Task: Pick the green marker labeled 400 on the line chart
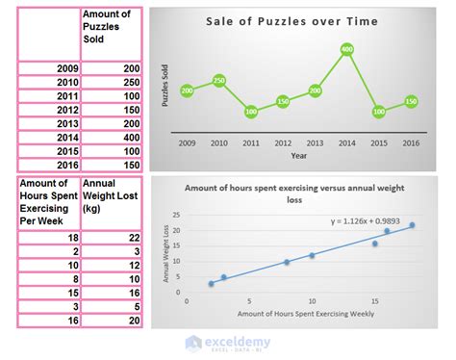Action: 346,50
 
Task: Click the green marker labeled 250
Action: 219,81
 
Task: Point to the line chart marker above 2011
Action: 251,112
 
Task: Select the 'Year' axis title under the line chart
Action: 299,155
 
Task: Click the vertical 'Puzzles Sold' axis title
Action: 165,85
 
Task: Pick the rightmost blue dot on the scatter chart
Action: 412,225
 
